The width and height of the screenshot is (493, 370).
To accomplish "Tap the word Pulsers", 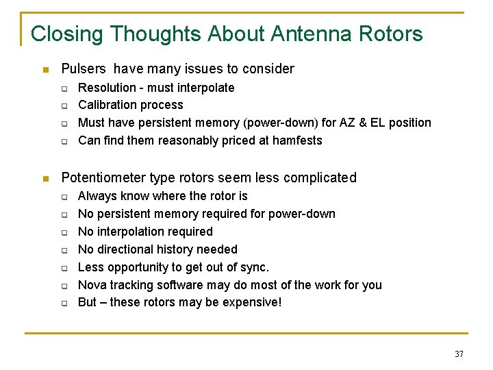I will pos(84,69).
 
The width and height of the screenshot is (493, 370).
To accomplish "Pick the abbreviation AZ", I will pos(349,123).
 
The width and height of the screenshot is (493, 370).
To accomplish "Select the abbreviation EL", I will pos(381,123).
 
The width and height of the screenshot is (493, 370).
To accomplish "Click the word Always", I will pos(98,196).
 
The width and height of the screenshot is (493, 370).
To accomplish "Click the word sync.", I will pos(255,267).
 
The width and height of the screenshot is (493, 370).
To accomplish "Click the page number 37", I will pos(458,354).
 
